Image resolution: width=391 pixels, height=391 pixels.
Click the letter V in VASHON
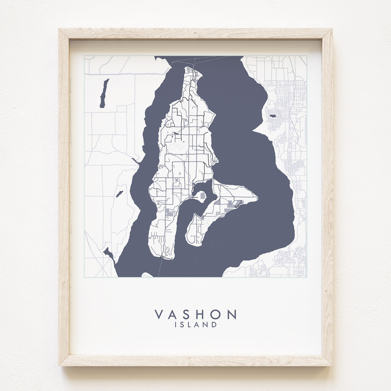159,314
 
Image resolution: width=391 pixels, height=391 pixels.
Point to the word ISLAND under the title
195,325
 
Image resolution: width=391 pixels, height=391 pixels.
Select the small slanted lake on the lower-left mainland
119,194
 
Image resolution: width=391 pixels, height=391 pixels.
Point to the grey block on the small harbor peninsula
202,196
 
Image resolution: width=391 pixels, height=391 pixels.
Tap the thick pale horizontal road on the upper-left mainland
124,75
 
